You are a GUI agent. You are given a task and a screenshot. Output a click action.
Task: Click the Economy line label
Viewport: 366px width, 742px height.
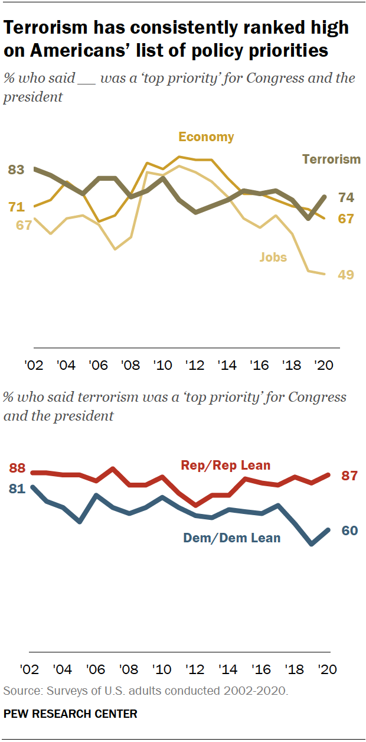(x=206, y=137)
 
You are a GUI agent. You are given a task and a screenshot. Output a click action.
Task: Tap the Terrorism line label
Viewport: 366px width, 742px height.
(x=331, y=160)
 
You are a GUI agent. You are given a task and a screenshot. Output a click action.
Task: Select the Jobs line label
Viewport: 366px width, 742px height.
(x=273, y=258)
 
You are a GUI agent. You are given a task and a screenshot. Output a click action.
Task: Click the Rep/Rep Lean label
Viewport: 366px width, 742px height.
(x=226, y=466)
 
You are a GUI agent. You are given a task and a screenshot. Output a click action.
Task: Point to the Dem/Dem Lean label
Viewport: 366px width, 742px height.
(x=231, y=538)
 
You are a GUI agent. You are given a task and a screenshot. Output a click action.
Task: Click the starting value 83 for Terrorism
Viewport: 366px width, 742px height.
(x=16, y=170)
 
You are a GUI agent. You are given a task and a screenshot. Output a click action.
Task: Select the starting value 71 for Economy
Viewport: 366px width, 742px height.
(x=17, y=207)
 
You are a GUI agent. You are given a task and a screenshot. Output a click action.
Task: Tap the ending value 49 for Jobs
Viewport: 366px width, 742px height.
(x=346, y=275)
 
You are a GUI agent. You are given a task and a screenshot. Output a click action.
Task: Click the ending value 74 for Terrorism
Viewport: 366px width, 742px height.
(x=346, y=197)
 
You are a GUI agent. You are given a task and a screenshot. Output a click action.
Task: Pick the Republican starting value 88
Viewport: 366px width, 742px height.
(x=17, y=468)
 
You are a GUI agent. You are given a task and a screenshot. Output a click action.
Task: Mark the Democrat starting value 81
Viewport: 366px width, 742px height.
(x=17, y=489)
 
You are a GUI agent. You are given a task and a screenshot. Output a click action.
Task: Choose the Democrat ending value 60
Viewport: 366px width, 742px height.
(x=350, y=531)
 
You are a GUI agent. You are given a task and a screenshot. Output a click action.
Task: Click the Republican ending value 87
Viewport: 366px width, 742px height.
(x=349, y=476)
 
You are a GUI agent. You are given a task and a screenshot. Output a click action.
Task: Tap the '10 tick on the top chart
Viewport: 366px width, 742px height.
(x=162, y=365)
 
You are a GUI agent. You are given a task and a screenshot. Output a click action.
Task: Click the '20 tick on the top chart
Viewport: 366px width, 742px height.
(x=323, y=365)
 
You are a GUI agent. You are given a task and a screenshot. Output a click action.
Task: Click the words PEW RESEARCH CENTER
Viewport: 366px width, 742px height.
(x=70, y=714)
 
